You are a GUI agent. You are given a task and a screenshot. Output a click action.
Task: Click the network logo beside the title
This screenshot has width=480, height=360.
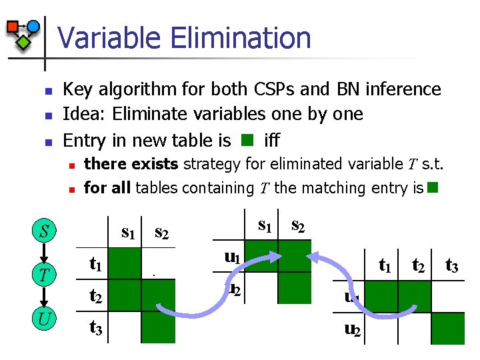[x=23, y=34]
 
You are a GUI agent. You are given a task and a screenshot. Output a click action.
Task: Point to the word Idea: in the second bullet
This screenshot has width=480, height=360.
[x=85, y=114]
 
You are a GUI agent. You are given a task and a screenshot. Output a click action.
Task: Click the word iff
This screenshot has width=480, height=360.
[x=272, y=141]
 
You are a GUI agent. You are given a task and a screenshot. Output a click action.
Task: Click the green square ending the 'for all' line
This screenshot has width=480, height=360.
[x=433, y=187]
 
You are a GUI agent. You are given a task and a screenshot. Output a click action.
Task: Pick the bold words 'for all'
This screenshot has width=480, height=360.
[x=107, y=188]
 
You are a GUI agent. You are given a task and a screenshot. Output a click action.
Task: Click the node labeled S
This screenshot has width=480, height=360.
[x=44, y=232]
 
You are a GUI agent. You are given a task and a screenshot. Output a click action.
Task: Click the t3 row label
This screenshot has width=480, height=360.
[x=95, y=327]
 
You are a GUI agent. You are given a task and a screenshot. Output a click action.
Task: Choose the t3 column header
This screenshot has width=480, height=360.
[x=452, y=266]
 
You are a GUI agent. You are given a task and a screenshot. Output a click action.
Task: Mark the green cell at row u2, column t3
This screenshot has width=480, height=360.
[x=448, y=328]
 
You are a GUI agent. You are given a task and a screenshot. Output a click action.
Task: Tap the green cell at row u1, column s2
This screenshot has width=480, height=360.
[x=294, y=257]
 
